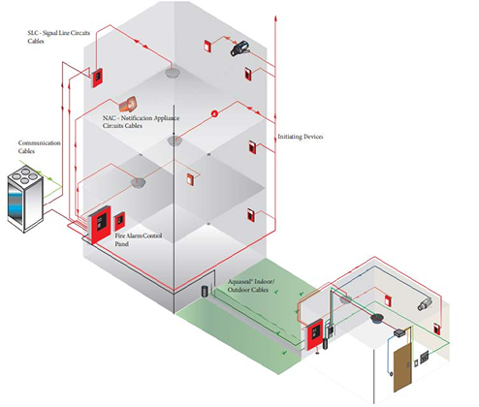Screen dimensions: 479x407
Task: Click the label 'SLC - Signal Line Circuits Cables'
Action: click(58, 37)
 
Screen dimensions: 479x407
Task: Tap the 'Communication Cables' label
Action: click(39, 147)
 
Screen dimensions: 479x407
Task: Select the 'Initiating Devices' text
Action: click(301, 137)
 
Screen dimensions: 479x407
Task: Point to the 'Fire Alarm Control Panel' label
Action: click(139, 239)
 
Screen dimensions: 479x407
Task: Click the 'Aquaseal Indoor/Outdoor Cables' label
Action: click(251, 286)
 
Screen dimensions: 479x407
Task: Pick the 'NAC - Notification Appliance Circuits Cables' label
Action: click(141, 122)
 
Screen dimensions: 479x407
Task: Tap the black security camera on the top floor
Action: click(240, 48)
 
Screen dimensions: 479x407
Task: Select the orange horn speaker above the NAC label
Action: click(128, 104)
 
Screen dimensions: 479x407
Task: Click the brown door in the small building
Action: click(402, 367)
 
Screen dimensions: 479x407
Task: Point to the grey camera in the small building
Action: click(425, 304)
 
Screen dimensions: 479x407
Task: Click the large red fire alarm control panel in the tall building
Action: click(100, 225)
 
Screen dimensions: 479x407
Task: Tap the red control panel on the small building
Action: click(314, 334)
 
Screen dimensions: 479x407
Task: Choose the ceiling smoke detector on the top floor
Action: click(173, 73)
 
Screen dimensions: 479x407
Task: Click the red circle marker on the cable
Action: click(214, 113)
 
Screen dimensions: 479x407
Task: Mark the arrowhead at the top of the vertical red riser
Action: click(275, 17)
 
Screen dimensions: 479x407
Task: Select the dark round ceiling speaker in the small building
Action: click(377, 319)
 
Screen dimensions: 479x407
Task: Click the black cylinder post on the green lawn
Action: click(205, 291)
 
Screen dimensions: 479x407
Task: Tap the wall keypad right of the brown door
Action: click(425, 357)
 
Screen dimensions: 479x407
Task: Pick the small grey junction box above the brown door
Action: click(399, 332)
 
